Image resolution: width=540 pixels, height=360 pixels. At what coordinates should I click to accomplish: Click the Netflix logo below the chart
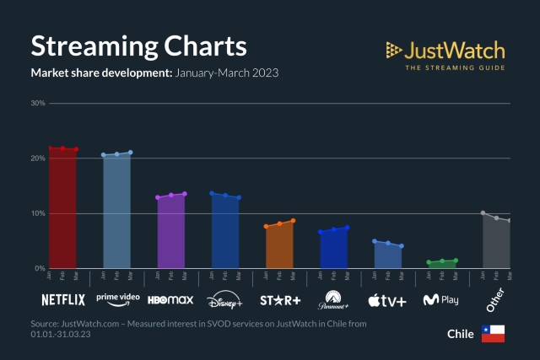pos(63,299)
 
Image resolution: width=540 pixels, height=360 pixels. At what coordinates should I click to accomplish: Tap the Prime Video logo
pos(117,298)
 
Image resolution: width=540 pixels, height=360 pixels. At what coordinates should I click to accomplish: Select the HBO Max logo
pos(170,299)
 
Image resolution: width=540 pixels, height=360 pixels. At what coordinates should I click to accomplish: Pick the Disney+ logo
pos(224,300)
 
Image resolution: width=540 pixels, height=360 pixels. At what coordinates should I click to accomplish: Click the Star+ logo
pos(279,299)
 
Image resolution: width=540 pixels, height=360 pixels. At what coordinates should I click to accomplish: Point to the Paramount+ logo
pos(333,299)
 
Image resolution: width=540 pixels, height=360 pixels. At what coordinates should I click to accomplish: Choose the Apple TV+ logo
pos(387,299)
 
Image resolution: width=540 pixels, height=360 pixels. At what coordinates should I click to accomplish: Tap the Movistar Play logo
pos(441,299)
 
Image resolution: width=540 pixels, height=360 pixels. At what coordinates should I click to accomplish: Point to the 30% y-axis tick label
pos(38,104)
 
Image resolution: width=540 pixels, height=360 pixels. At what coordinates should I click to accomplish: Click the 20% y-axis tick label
pos(38,159)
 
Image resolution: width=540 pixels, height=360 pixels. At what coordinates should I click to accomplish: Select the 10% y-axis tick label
pos(38,213)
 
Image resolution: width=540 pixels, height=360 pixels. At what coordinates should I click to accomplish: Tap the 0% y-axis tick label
pos(40,268)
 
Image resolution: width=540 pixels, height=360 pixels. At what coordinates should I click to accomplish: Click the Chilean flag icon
pos(493,333)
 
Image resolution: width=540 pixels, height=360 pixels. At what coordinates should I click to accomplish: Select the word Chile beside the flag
pos(461,334)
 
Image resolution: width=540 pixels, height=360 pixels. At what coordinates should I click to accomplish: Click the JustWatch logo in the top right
pos(445,55)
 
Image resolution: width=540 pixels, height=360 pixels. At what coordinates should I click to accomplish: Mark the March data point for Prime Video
pos(130,153)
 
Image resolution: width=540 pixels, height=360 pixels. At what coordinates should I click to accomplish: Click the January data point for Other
pos(483,213)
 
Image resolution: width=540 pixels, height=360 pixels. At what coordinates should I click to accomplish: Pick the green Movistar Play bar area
pos(441,265)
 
